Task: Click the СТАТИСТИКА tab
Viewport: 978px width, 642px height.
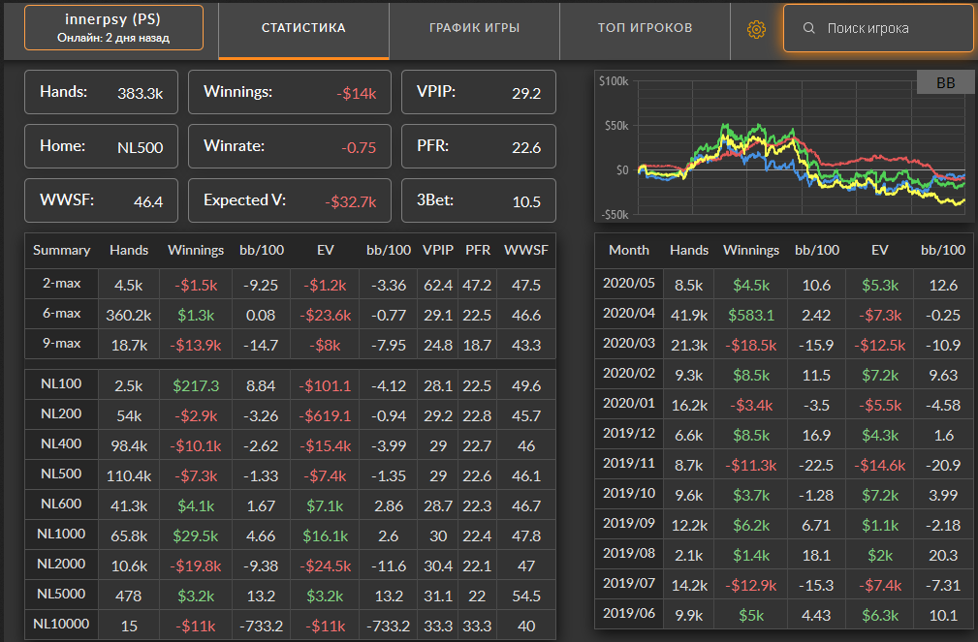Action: pos(303,28)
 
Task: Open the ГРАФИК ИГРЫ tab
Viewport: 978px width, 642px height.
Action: pos(474,28)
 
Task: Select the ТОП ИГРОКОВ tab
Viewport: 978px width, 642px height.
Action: pos(645,28)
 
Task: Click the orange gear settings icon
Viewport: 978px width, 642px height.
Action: pos(756,29)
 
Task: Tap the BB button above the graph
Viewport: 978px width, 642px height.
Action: pos(945,84)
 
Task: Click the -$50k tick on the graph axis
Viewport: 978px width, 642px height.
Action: pos(615,214)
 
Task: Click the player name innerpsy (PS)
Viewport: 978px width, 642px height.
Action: pos(113,19)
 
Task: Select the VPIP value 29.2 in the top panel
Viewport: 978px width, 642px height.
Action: pos(525,94)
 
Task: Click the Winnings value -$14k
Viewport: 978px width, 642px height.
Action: pos(356,94)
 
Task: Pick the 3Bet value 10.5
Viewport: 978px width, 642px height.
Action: pos(525,202)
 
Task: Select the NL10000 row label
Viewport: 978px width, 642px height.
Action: pos(61,624)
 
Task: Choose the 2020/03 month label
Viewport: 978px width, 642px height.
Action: pos(629,343)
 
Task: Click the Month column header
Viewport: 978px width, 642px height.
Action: pos(629,250)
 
